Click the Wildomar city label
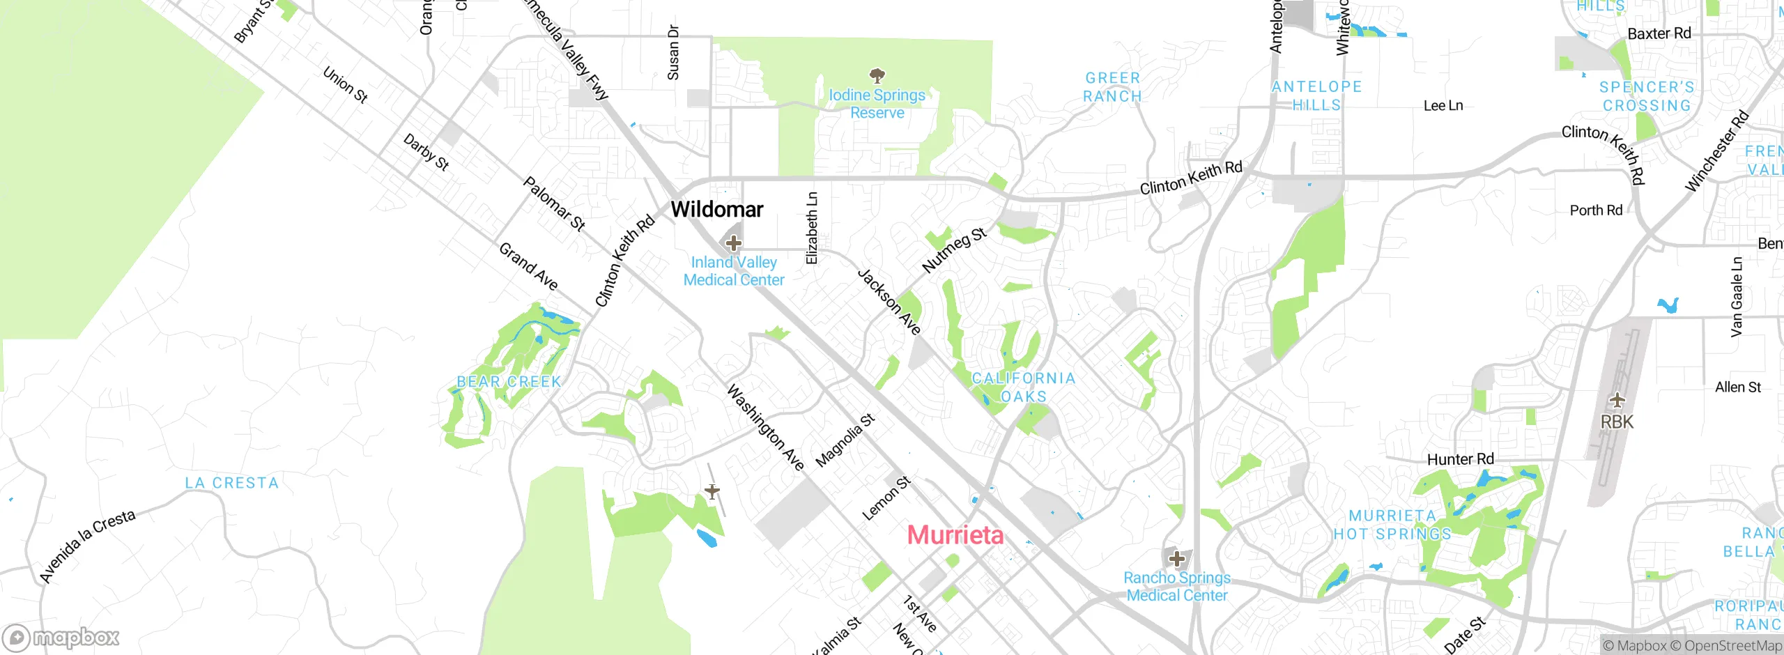pos(716,209)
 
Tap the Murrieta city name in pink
pos(955,535)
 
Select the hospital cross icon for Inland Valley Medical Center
pos(733,243)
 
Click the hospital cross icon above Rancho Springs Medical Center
pos(1177,559)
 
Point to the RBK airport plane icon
pos(1617,401)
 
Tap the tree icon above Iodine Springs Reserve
pos(877,75)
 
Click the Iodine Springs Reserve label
pos(877,104)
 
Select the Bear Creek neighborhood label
pos(509,382)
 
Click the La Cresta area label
pos(231,483)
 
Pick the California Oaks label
pos(1024,387)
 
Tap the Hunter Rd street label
pos(1461,459)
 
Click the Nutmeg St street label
pos(954,249)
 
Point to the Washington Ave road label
pos(765,427)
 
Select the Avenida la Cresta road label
pos(88,546)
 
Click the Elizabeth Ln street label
pos(812,229)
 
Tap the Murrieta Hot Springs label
pos(1392,525)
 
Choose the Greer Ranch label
pos(1112,87)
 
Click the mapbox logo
pos(61,638)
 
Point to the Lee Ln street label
pos(1443,106)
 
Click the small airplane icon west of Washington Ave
pos(712,492)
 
